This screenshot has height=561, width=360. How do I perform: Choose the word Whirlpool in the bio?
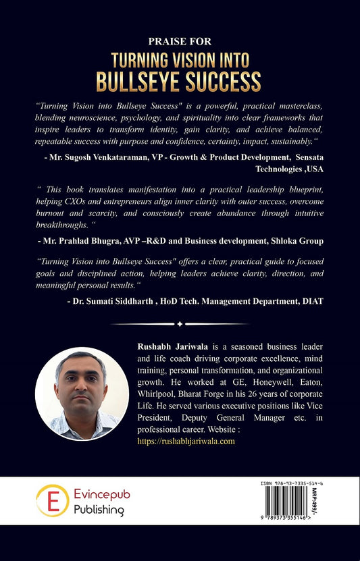157,394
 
